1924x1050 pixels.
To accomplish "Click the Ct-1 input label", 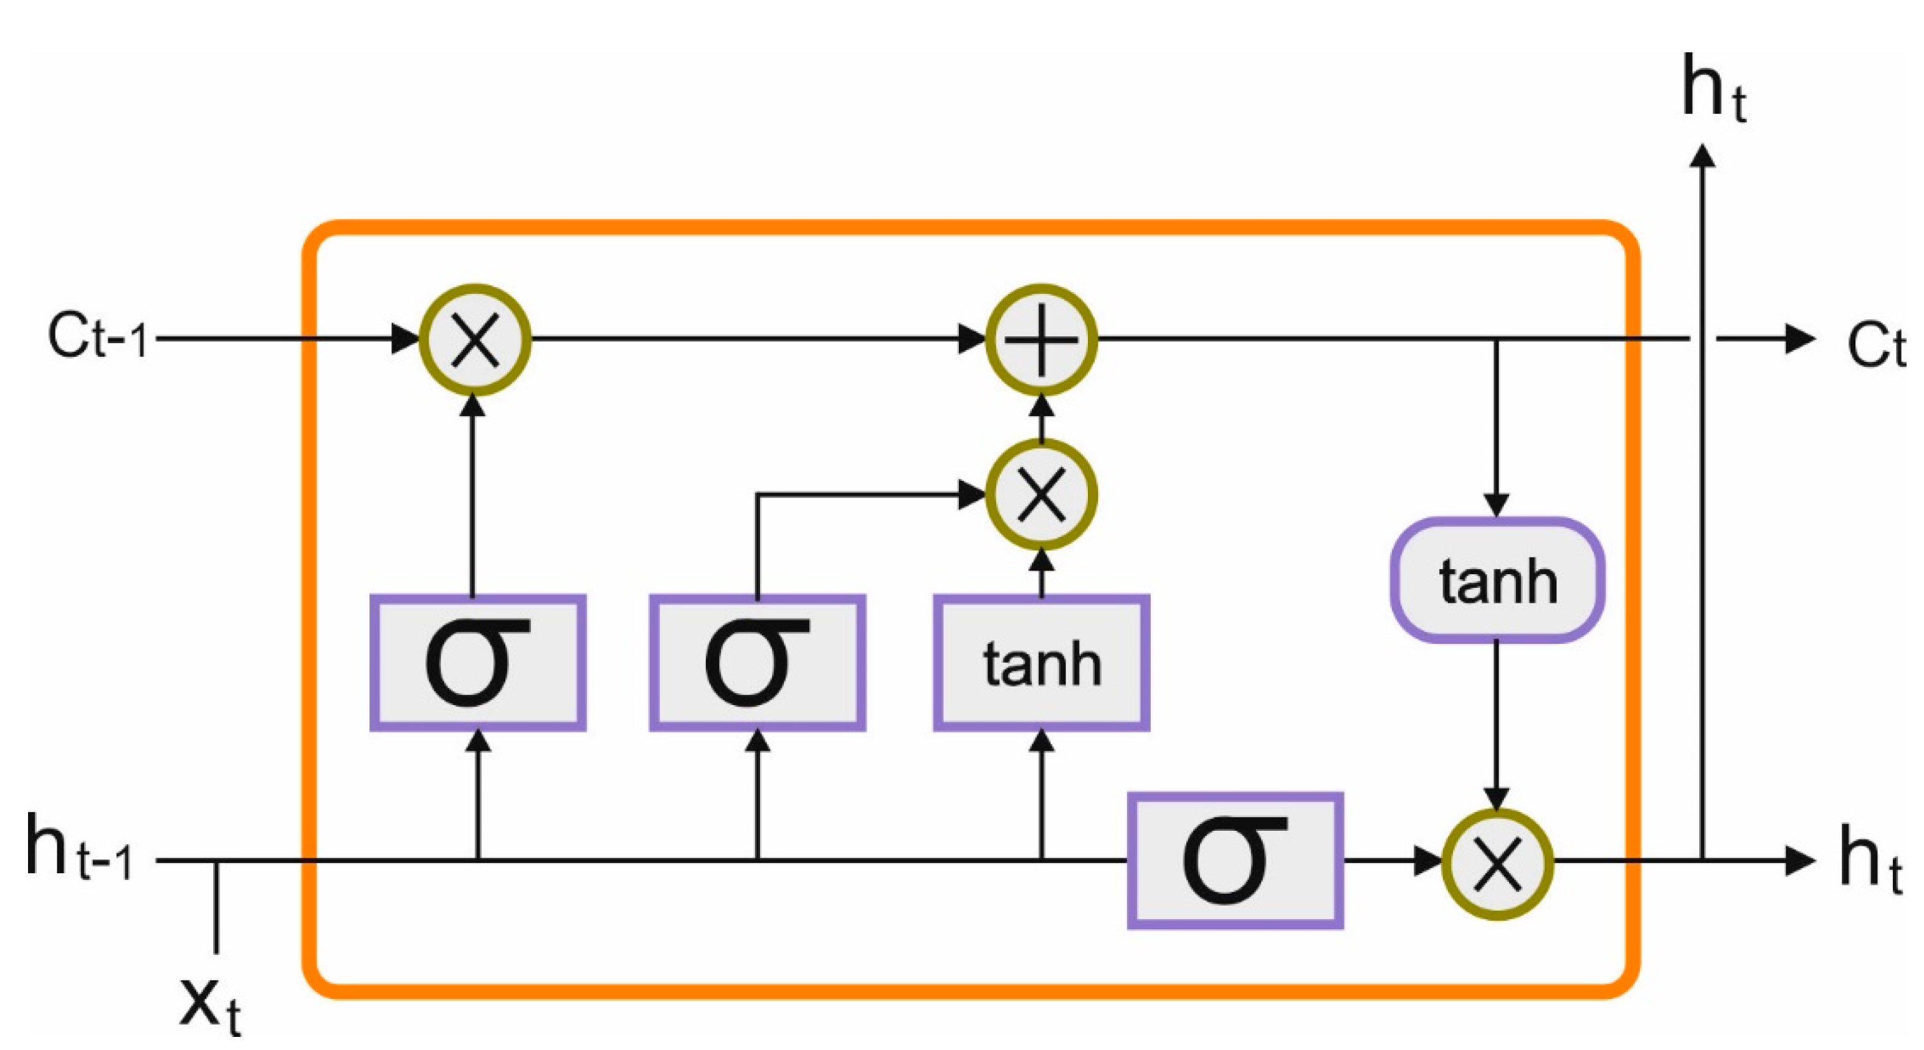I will (97, 339).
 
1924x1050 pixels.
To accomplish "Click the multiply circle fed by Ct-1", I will (475, 340).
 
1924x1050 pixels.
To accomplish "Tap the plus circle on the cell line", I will (1041, 340).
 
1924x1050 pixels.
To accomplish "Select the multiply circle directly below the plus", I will (1041, 494).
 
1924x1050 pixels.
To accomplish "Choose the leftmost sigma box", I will (478, 663).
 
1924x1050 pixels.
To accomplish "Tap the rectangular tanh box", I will (1041, 663).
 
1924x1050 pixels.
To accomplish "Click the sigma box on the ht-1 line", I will (1235, 860).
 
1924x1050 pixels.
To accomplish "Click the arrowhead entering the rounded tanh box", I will (1495, 503).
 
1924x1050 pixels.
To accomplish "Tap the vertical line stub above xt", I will (216, 907).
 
